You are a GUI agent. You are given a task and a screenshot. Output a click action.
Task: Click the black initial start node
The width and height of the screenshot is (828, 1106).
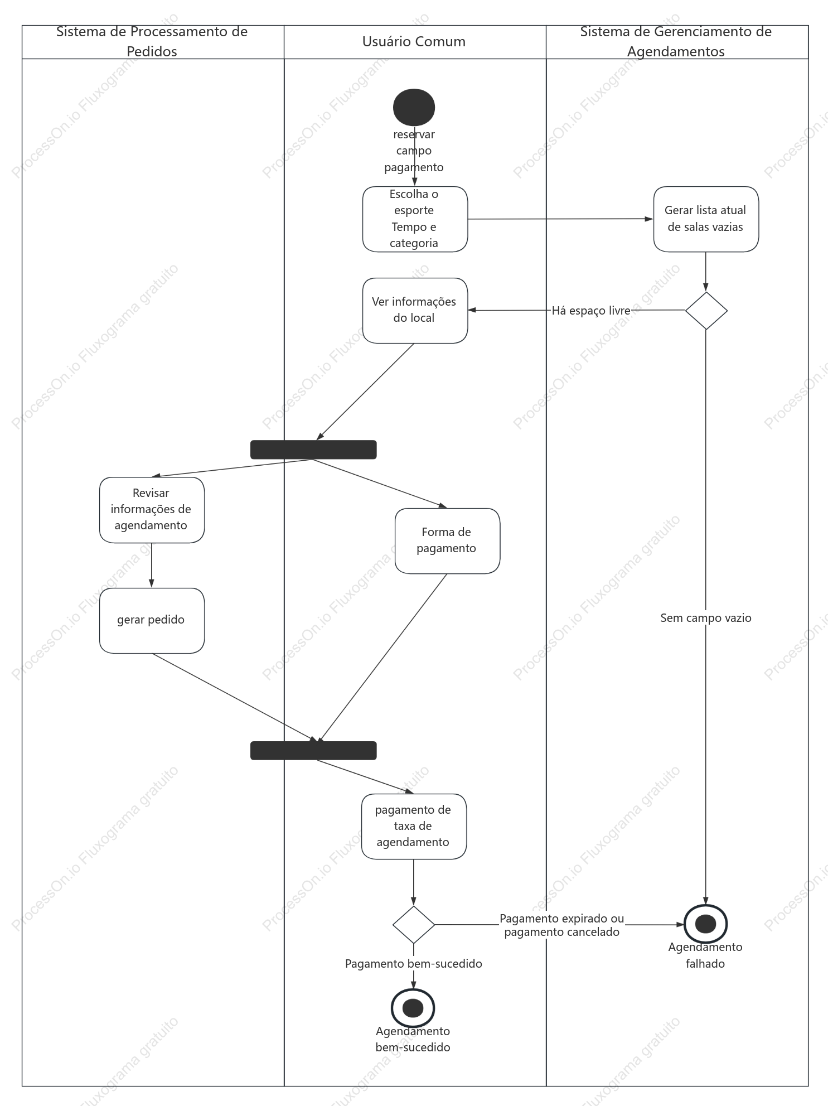[414, 107]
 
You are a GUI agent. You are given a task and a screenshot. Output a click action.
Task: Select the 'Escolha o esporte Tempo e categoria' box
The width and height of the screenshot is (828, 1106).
[415, 219]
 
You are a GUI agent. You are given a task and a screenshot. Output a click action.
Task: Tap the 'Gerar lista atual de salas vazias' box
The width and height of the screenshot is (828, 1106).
[706, 219]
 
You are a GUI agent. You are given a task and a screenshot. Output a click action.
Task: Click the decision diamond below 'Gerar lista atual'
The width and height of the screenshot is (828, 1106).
[706, 311]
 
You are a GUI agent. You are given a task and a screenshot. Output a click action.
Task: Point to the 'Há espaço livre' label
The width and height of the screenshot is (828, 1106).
[591, 311]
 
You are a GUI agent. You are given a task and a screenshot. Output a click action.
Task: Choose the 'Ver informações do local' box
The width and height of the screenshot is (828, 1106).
[415, 311]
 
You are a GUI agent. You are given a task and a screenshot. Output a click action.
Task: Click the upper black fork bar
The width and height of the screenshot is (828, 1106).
[313, 450]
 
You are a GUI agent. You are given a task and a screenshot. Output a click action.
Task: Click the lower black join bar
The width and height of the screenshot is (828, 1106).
[313, 750]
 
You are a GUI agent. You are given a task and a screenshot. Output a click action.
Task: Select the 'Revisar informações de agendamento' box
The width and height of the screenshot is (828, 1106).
[152, 510]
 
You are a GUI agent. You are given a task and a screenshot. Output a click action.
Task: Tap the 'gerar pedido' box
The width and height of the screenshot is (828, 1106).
[152, 621]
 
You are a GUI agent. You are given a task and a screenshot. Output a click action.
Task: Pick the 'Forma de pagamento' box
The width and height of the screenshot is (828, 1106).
[447, 541]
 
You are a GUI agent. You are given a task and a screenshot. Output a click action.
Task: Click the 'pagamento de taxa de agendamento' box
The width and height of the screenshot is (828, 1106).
[414, 827]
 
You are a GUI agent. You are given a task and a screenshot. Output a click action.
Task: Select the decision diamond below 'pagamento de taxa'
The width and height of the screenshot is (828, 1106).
[414, 925]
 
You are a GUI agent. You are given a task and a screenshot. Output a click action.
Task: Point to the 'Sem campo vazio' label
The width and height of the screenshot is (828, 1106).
[706, 618]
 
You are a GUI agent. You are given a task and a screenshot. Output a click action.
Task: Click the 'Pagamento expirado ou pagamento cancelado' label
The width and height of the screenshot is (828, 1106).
[562, 925]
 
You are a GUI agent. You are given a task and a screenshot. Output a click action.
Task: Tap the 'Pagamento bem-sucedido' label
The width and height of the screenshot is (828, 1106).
[414, 964]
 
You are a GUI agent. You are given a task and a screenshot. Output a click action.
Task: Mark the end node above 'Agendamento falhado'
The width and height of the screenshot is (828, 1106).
[706, 924]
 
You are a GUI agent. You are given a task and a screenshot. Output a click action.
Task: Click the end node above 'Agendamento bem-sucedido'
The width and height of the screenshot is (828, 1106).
[413, 1008]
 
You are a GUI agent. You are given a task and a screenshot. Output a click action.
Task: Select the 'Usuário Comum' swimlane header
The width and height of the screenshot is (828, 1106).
[414, 41]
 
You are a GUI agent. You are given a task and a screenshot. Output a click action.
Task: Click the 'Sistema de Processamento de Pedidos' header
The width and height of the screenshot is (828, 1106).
[152, 41]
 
